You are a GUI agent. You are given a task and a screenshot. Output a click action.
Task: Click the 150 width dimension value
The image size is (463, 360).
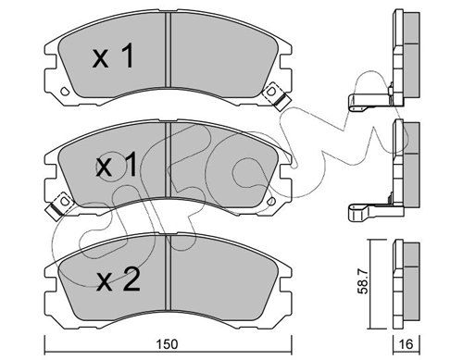167,344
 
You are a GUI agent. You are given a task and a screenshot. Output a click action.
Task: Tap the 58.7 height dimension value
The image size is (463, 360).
363,281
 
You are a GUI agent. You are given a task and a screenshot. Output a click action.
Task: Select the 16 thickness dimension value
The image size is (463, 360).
406,344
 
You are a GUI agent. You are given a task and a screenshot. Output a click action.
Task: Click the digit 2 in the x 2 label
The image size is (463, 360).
131,279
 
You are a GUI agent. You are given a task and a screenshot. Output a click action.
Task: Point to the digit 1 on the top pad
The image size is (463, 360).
127,56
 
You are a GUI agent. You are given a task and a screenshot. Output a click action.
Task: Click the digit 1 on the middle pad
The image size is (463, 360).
131,166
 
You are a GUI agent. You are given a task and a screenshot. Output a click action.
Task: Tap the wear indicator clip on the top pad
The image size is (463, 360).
276,96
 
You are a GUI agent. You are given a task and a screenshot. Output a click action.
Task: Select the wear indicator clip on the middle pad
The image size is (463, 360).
59,205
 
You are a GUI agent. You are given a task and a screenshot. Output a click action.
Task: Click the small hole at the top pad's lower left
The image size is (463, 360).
65,92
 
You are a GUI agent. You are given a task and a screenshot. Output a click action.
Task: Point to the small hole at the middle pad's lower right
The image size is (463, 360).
271,201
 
